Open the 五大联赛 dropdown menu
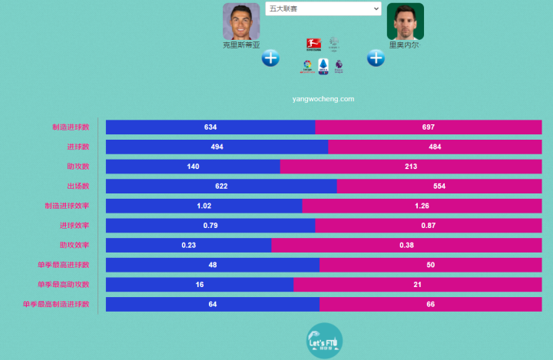click(x=323, y=8)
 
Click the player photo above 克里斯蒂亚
click(x=241, y=21)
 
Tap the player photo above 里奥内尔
click(x=405, y=21)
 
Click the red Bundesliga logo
click(x=313, y=44)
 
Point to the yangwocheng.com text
click(x=323, y=99)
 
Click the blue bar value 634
click(x=210, y=127)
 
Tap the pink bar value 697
click(x=429, y=127)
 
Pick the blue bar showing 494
click(x=217, y=147)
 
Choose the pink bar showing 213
click(x=411, y=167)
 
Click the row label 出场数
click(x=78, y=186)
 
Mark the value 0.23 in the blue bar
click(x=188, y=245)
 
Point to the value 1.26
click(x=422, y=206)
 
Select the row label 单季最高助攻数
click(x=63, y=284)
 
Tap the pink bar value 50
click(x=431, y=265)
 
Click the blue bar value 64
click(x=212, y=304)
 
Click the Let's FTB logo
click(x=323, y=340)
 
